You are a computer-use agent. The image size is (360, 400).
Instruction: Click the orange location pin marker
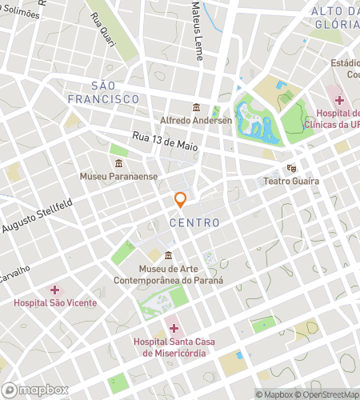pos(181,199)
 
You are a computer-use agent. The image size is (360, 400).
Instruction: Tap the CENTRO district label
pos(194,222)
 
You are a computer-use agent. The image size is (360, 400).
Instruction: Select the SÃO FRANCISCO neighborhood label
pos(115,92)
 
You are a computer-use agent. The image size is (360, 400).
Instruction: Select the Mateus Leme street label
pos(197,32)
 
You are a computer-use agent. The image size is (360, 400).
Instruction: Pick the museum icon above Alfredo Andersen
pos(196,108)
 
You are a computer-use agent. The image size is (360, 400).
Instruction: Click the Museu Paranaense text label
pos(118,176)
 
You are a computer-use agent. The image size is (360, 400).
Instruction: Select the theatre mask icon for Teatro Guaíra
pos(291,169)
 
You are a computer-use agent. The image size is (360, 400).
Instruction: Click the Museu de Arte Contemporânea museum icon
pos(168,256)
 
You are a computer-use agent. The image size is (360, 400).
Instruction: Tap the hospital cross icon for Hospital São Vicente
pos(54,290)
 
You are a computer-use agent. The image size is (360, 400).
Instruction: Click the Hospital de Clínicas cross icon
pos(340,100)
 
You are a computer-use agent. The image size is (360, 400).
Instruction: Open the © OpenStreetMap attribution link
pos(326,394)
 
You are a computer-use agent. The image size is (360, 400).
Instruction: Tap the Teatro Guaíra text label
pos(291,182)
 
